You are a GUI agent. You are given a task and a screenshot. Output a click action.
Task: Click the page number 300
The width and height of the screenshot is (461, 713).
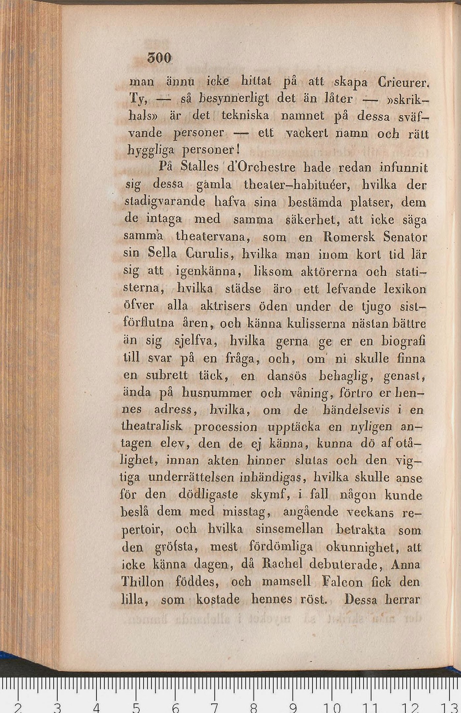tap(159, 59)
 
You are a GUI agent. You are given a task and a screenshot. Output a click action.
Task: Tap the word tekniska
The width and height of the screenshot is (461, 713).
tap(245, 115)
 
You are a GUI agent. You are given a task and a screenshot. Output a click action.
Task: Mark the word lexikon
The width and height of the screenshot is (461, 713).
tap(405, 289)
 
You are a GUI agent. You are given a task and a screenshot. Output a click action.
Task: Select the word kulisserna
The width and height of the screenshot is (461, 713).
tap(316, 324)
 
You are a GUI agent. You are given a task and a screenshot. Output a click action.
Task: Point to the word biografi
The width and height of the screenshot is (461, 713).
tap(403, 341)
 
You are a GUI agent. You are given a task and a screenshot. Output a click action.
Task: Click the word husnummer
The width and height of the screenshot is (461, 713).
tap(217, 393)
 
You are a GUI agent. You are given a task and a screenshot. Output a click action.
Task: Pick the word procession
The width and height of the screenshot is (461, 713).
tap(226, 427)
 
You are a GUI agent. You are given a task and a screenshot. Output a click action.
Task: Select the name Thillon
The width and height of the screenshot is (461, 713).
tap(143, 582)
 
